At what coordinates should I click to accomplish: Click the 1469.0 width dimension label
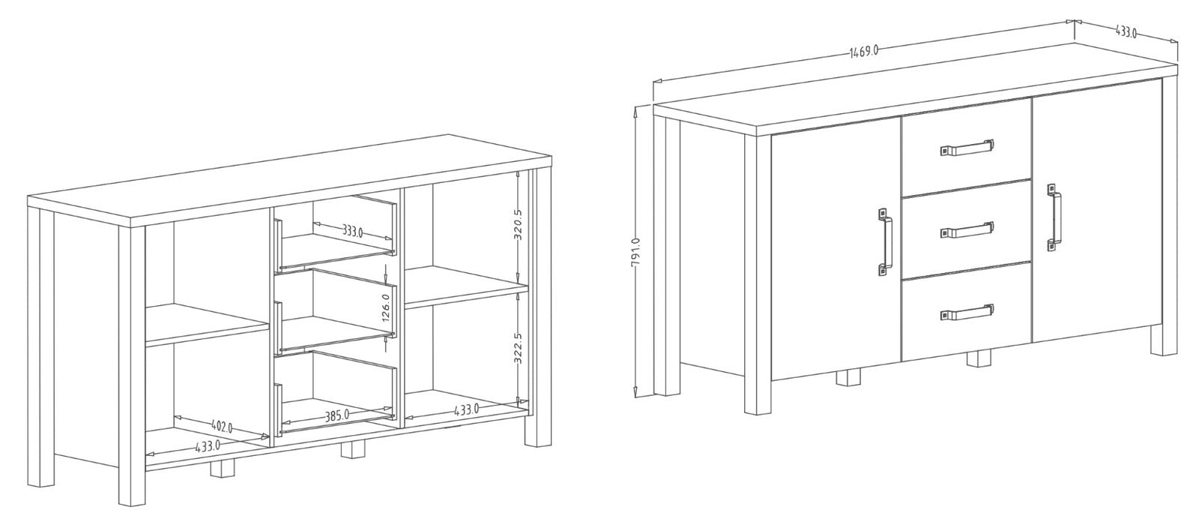pos(864,52)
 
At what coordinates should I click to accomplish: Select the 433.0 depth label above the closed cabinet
pos(1126,32)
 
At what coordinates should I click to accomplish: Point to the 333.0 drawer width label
pos(353,232)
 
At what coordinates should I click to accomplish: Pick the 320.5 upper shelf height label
pos(517,224)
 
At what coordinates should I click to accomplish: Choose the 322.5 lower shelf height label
pos(518,348)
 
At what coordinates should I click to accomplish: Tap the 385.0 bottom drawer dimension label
pos(337,415)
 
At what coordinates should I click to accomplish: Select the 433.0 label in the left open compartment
pos(208,445)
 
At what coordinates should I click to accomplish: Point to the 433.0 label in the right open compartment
pos(466,409)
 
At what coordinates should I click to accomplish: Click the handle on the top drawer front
pos(967,148)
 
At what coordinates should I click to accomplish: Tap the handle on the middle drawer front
pos(967,229)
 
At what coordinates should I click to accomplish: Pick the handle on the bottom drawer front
pos(967,313)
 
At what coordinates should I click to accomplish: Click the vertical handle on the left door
pos(885,241)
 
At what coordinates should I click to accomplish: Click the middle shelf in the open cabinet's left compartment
pos(207,325)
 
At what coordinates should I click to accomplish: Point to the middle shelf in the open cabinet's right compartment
pos(466,288)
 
